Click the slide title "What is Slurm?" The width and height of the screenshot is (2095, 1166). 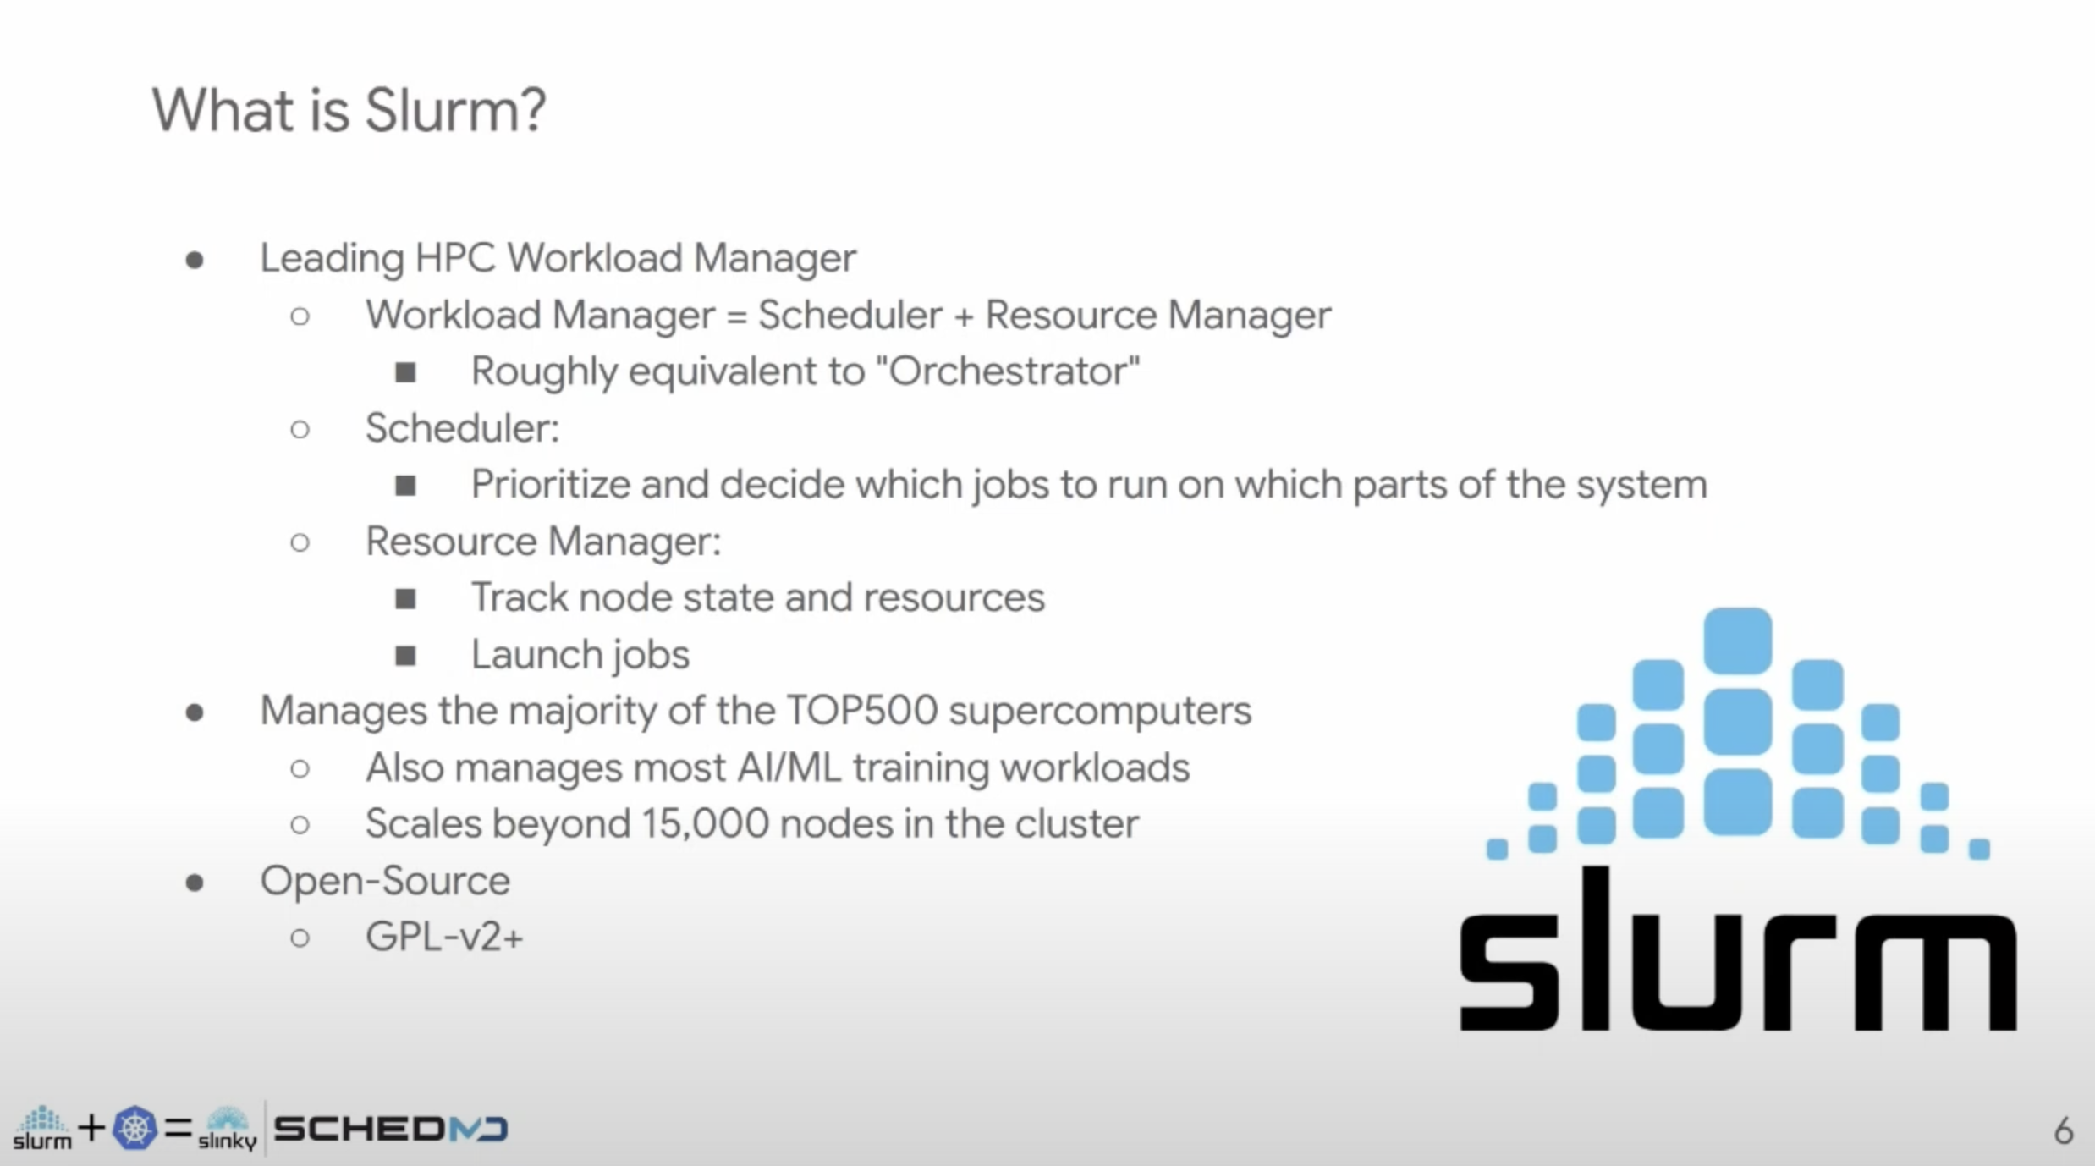tap(349, 111)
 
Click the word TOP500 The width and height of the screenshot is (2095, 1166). tap(861, 710)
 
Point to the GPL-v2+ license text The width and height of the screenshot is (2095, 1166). tap(444, 937)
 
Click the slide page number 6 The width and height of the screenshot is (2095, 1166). tap(2063, 1130)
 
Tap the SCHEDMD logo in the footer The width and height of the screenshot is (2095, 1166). tap(390, 1129)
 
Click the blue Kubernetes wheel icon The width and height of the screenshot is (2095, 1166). tap(135, 1128)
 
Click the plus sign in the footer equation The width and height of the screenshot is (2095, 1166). tap(91, 1127)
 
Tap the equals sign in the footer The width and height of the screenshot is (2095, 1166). tap(178, 1127)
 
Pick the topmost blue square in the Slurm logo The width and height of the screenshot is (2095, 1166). tap(1737, 641)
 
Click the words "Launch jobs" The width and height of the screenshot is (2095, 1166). tap(580, 654)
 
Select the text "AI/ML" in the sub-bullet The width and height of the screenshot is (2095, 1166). tap(789, 767)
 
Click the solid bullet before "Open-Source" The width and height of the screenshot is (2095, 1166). tap(195, 883)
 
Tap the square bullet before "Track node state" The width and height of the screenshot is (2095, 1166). tap(405, 599)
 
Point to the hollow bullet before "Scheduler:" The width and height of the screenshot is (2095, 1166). tap(300, 429)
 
